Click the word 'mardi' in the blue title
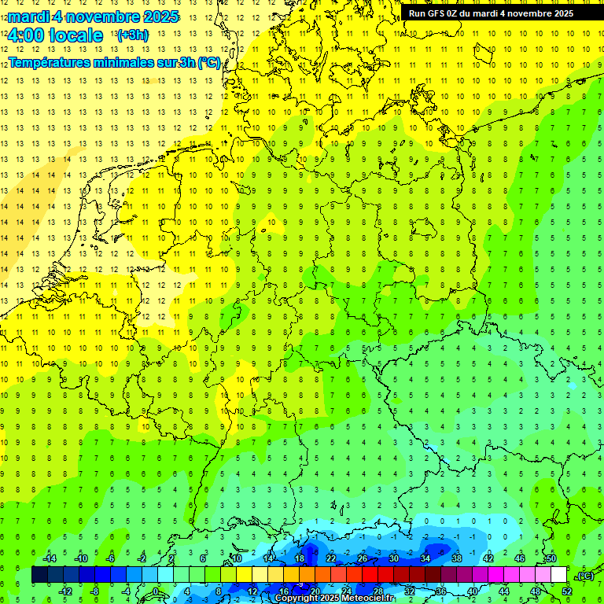click(28, 17)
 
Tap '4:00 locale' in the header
click(55, 35)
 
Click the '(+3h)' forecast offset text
click(131, 35)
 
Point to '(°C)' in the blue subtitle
click(208, 62)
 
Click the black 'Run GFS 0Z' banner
click(491, 13)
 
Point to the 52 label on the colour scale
click(566, 591)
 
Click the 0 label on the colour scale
click(156, 591)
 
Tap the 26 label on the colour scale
click(363, 558)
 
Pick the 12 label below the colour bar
click(252, 591)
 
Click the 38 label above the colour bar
click(457, 558)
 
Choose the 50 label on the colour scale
click(551, 558)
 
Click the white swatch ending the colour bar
click(558, 575)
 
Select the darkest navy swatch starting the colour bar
click(39, 575)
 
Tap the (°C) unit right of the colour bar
click(584, 576)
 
